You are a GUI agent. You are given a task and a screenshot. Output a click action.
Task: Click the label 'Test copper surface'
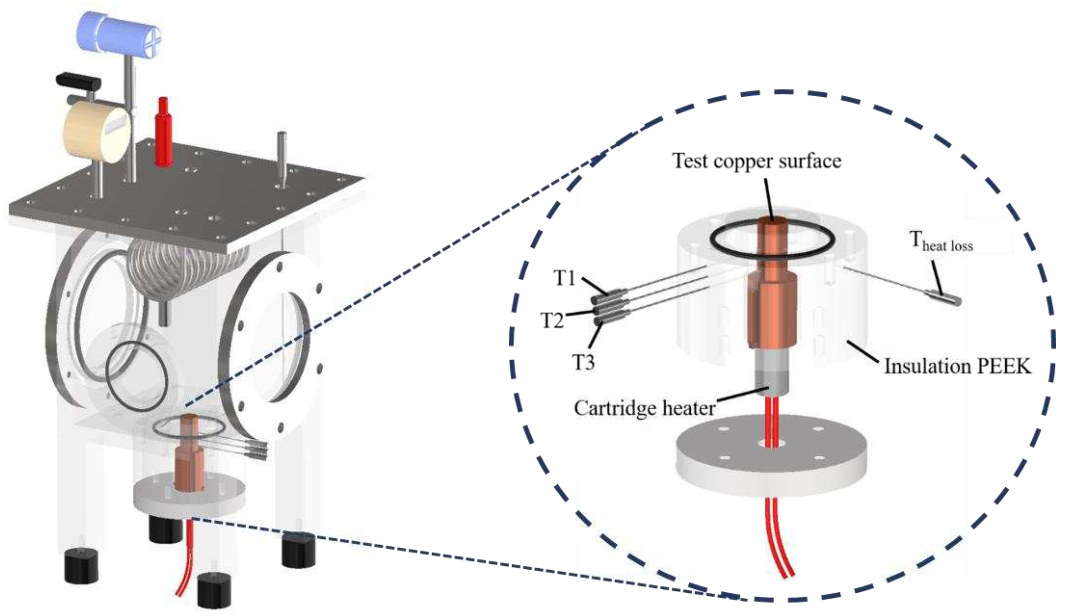(756, 161)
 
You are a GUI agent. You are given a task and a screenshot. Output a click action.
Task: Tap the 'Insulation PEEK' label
(957, 366)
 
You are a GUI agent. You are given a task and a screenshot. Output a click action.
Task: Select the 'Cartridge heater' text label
(645, 408)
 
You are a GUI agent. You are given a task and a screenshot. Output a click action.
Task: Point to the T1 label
(565, 278)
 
